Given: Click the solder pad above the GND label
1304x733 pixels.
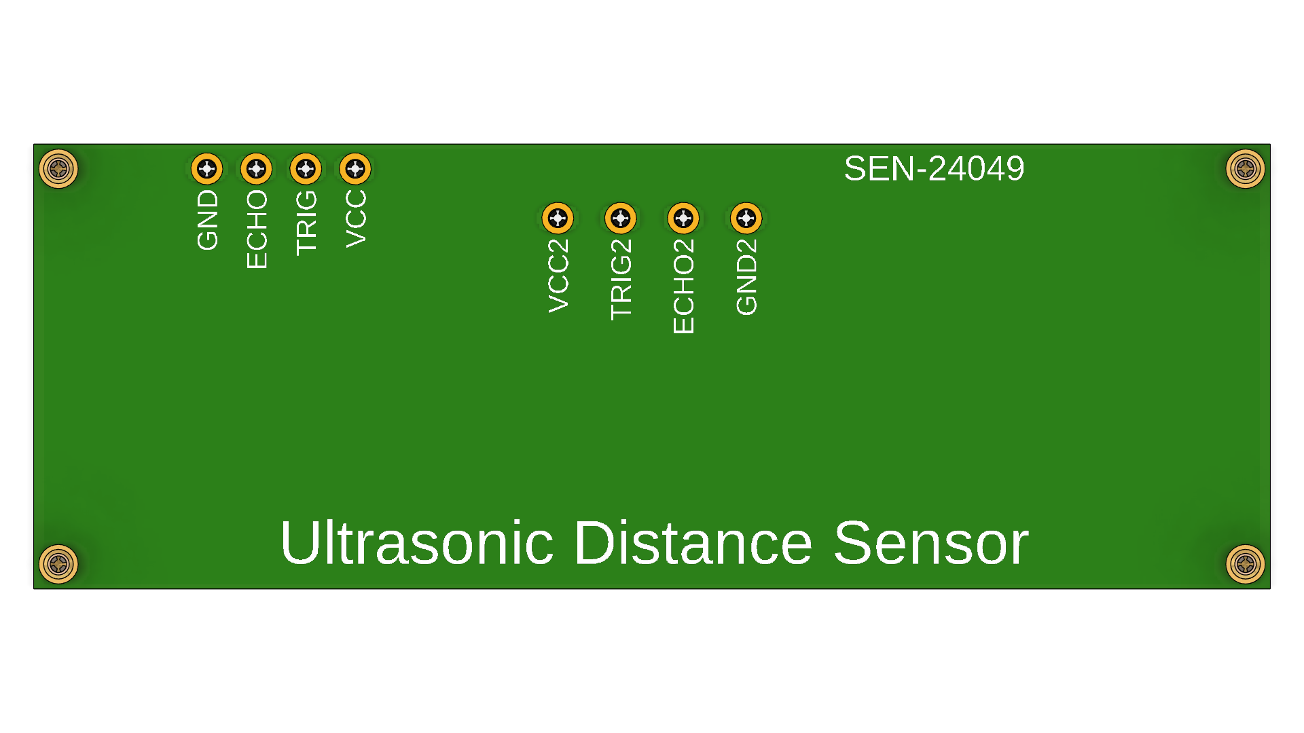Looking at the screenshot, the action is pos(207,168).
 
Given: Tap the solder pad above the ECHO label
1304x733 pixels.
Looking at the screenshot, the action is pos(256,168).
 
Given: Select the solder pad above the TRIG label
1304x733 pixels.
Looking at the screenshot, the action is pos(306,168).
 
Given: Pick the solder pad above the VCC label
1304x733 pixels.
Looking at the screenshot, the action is pos(355,168).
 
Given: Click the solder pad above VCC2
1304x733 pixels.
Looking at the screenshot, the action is pos(558,218).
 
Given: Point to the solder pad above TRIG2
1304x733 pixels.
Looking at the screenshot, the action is pos(621,218).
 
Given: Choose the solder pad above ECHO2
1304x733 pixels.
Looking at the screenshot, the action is pos(683,218).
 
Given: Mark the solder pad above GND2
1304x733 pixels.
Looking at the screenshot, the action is pos(746,218).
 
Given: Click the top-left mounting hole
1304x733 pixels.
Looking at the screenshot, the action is pos(58,168).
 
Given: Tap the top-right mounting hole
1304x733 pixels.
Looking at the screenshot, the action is pos(1245,168).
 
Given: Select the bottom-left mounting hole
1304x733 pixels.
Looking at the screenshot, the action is pos(58,564).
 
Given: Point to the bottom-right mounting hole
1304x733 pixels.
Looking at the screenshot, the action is pos(1245,564).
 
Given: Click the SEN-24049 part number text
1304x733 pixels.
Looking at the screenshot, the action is pos(934,168).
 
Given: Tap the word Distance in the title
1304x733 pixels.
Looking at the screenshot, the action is pos(693,543).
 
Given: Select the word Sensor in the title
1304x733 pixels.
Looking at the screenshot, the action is pos(930,543).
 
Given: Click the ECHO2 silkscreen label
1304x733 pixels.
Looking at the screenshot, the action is pos(683,286).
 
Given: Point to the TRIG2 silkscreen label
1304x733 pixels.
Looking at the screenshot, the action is pos(621,280).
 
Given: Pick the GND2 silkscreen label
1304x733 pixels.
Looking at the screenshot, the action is pos(746,277).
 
